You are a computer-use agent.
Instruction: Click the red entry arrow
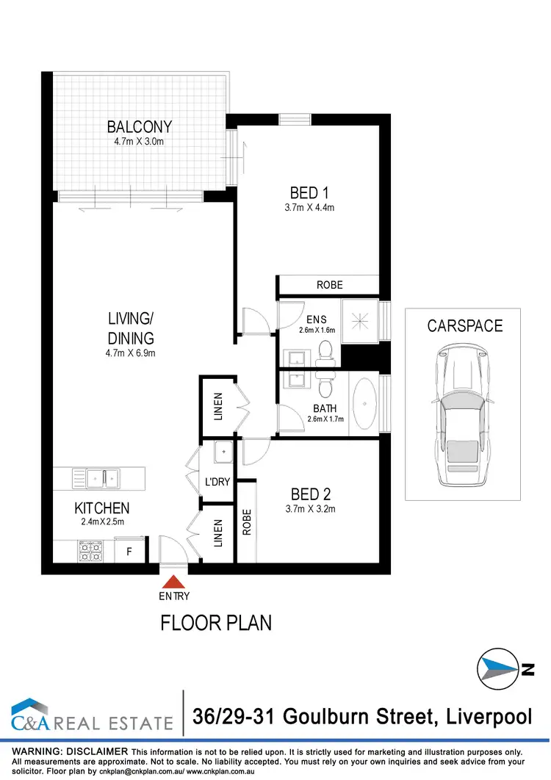coord(174,581)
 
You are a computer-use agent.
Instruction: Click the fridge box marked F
coord(129,551)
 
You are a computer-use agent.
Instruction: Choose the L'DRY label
coord(218,483)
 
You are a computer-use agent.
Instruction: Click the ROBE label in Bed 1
coord(329,285)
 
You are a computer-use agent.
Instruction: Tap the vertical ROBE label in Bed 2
coord(248,522)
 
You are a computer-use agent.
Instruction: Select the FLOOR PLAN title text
coord(216,623)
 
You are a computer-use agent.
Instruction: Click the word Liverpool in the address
coord(486,715)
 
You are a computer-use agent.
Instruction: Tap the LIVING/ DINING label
coord(130,328)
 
